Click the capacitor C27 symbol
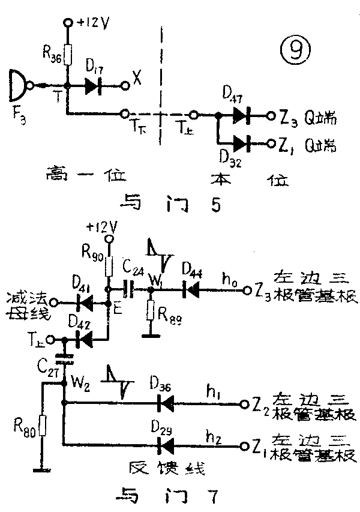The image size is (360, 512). coord(64,360)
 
